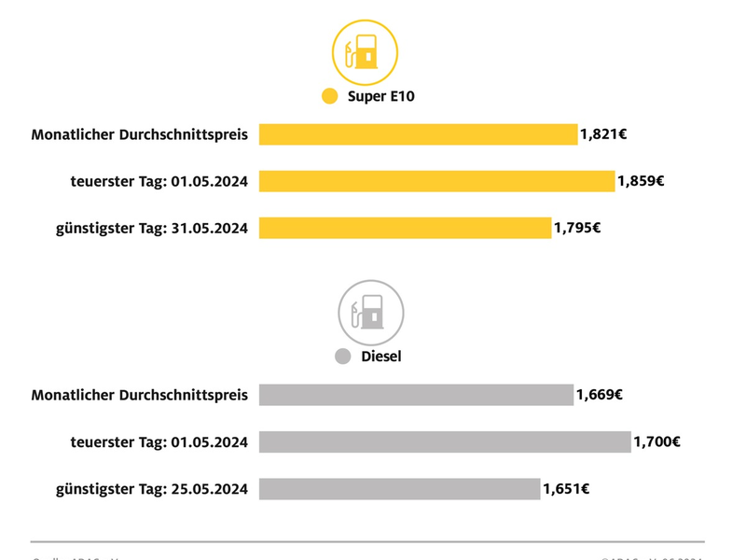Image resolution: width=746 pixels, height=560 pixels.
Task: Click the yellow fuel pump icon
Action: coord(365,52)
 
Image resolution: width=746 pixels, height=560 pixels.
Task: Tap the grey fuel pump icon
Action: coord(370,312)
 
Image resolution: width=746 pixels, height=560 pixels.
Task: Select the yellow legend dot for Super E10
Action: coord(329,96)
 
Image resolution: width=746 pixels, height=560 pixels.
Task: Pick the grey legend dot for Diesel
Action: coord(342,357)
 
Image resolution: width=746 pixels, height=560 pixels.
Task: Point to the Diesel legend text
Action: coord(380,357)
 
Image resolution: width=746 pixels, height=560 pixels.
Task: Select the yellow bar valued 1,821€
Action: coord(418,134)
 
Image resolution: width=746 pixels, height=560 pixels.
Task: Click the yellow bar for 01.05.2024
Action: coord(436,181)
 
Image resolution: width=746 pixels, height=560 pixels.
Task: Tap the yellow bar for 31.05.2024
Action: coord(405,228)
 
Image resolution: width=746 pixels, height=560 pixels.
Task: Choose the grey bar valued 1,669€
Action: coord(416,395)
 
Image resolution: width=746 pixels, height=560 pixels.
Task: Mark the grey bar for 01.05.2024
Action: coord(445,441)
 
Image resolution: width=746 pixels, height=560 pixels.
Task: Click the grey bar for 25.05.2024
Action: coord(399,488)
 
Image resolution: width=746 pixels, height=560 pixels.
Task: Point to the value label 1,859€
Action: coord(641,181)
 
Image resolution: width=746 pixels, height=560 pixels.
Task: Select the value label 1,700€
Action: coord(656,441)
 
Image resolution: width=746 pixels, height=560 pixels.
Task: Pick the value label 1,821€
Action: coord(602,134)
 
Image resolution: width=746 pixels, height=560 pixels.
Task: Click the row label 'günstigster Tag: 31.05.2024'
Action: coord(152,228)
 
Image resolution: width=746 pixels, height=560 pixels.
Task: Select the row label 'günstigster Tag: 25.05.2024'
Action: coord(152,488)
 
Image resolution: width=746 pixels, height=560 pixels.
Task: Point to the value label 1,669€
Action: coord(599,395)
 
